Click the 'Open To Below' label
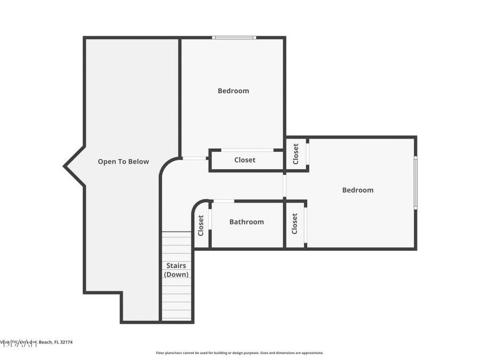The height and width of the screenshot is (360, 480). coord(123,162)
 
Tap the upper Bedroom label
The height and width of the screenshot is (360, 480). coord(233,91)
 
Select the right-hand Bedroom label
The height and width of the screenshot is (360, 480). coord(357,190)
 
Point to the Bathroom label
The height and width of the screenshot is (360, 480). coord(246,222)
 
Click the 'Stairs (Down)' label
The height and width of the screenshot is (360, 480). coord(176,270)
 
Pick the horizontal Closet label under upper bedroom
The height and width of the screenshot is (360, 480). coord(245,160)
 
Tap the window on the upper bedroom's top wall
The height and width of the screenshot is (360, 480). coord(234,37)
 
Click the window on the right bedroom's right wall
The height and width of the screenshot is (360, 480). coord(415,182)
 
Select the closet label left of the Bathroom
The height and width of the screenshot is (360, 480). coord(201,225)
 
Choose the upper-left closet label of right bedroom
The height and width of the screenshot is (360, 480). coord(296,154)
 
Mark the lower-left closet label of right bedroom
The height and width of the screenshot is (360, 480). coord(294,223)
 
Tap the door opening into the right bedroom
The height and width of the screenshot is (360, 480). coord(285,185)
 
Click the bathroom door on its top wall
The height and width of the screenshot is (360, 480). coord(223,201)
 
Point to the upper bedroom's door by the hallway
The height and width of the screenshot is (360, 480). coord(194,158)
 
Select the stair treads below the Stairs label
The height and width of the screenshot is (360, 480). coord(176,301)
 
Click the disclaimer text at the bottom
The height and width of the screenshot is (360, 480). coord(239,353)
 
